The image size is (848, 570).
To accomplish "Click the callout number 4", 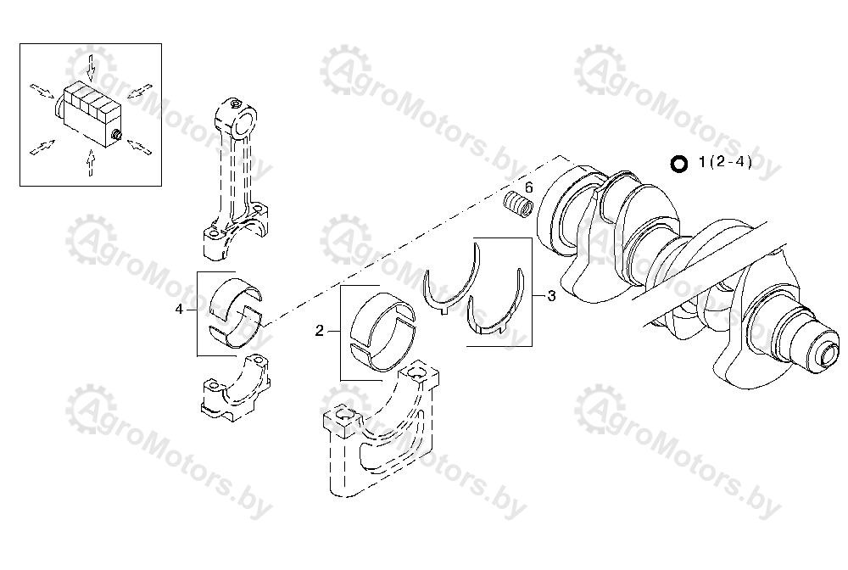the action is click(179, 310).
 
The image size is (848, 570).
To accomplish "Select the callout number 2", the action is click(320, 331).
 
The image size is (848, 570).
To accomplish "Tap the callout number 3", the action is click(551, 296).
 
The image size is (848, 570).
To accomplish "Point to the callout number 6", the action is click(529, 187).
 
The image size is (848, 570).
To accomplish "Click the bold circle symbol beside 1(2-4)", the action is click(678, 164).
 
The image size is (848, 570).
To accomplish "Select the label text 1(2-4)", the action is click(725, 162).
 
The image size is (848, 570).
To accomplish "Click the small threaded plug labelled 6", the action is click(518, 204).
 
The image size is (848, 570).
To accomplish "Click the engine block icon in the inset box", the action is click(89, 113).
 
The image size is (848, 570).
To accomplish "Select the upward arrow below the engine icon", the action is click(91, 163).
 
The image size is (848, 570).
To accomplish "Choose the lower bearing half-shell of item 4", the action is click(235, 328).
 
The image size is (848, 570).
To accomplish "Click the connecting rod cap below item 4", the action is click(235, 387).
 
